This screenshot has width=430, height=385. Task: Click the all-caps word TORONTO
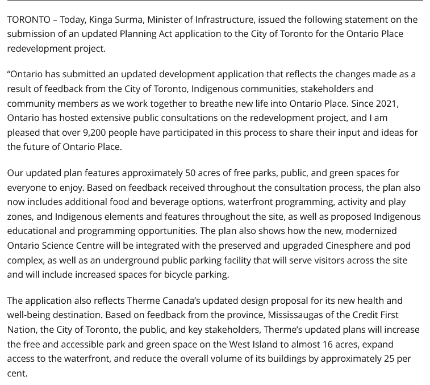(x=28, y=19)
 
